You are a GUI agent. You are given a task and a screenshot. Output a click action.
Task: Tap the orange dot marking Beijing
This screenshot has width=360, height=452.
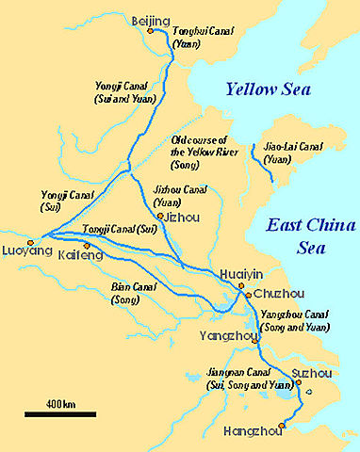click(x=150, y=31)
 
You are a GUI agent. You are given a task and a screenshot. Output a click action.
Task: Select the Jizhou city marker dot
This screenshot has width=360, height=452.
click(x=161, y=216)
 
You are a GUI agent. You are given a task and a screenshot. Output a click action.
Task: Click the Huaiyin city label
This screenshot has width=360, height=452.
click(x=239, y=274)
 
